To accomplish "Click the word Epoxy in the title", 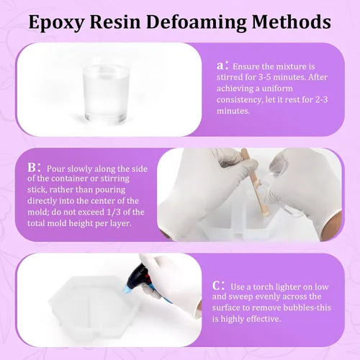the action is coord(56,23).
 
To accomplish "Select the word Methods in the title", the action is coord(292,22).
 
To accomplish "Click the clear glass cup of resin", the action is coord(106,93).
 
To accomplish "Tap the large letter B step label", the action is coord(32,168).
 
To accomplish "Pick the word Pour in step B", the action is coord(55,168).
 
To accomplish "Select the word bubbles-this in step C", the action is coord(307,307).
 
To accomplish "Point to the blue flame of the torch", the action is coord(127,289).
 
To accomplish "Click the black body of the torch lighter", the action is coord(140,275).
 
